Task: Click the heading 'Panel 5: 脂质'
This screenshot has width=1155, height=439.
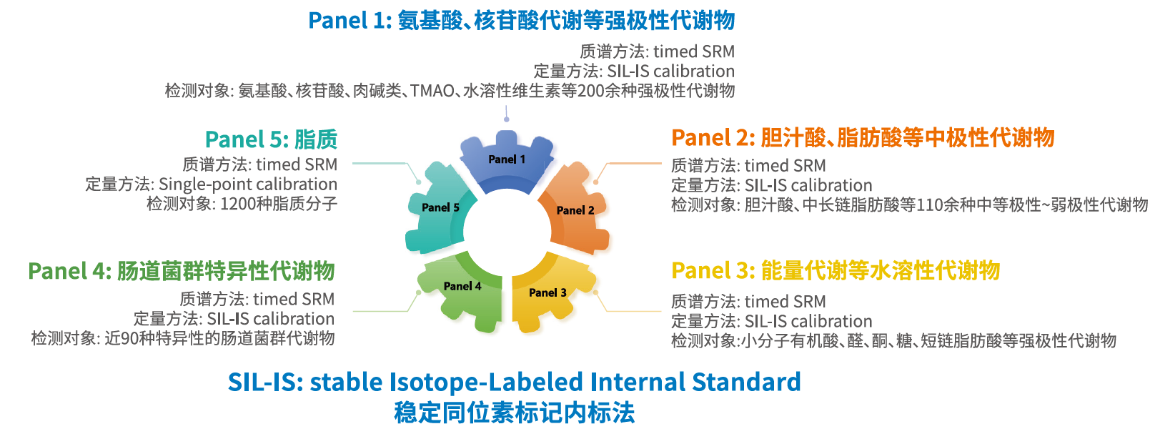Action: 271,139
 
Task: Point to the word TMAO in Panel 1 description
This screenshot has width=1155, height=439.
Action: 432,92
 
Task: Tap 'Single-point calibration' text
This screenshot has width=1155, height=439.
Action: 248,184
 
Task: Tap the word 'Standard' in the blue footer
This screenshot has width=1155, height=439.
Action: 746,383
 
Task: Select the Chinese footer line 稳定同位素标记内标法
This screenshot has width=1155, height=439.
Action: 514,413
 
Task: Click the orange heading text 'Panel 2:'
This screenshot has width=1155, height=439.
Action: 713,138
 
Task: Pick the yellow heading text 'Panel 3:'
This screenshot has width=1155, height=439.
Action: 713,271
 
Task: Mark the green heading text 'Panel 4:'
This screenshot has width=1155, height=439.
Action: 69,272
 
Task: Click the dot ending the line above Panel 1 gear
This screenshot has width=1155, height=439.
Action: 507,119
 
